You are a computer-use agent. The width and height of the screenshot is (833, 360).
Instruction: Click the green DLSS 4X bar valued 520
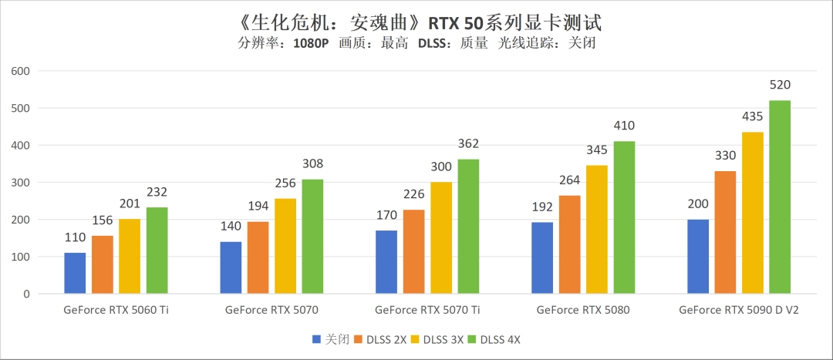click(x=780, y=197)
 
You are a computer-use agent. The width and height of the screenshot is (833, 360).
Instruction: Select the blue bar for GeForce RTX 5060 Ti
click(x=75, y=273)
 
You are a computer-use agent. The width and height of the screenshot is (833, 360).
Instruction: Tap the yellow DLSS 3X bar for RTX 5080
click(x=597, y=230)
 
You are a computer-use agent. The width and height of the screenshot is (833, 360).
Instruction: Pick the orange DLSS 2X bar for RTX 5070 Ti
click(x=414, y=252)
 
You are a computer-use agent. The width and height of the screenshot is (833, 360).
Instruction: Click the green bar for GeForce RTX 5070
click(x=312, y=237)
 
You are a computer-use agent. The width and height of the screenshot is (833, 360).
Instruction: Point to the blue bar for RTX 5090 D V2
click(x=698, y=257)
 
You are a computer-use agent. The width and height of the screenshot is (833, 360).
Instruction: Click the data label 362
click(x=468, y=143)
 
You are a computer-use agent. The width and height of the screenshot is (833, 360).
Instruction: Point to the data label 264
click(x=569, y=180)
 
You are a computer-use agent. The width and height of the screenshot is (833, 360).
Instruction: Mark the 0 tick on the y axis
click(x=25, y=294)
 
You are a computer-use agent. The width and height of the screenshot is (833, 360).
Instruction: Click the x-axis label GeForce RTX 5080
click(x=583, y=311)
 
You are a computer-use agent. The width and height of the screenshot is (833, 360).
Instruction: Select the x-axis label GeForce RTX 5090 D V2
click(x=739, y=311)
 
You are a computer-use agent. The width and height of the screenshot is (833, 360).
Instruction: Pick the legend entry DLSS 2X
click(x=386, y=339)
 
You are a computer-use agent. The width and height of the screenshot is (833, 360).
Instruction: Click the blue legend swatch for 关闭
click(x=316, y=339)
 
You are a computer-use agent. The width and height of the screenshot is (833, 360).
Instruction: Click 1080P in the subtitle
click(x=311, y=43)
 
